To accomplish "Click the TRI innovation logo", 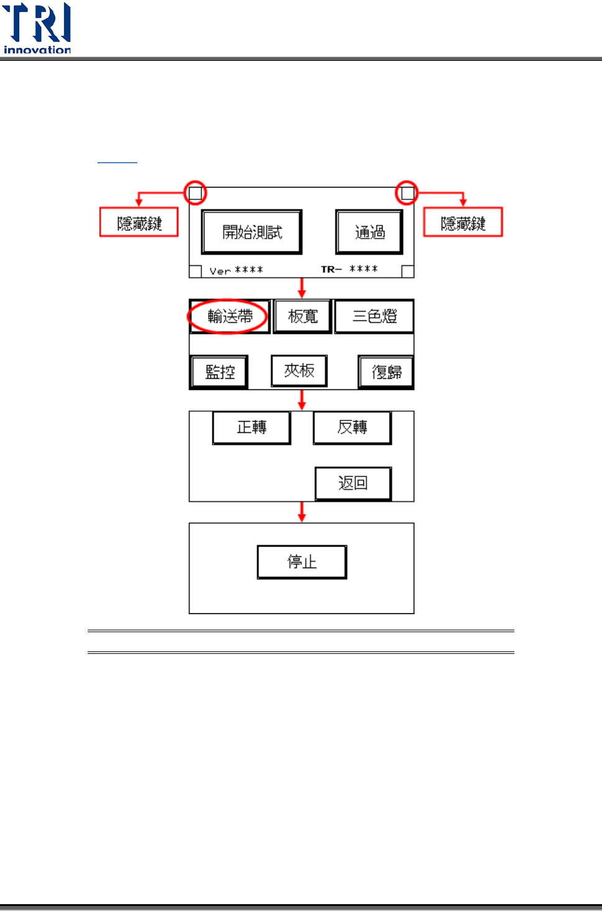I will coord(37,29).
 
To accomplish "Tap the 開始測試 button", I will coord(252,232).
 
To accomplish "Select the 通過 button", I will coord(370,232).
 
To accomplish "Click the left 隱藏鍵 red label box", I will coord(139,222).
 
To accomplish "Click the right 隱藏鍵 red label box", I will coord(463,222).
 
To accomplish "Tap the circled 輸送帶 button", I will coord(229,317).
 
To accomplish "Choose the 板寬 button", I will coord(303,317).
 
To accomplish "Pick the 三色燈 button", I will coord(374,317).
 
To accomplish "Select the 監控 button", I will coord(219,372).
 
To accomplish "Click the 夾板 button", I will coord(299,371).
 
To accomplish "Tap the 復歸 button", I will coord(386,372).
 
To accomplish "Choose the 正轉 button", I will coord(252,427).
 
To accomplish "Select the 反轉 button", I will coord(352,427).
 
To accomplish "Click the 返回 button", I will coord(353,483).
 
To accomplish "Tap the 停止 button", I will coord(302,562).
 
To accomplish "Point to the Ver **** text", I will coord(236,270).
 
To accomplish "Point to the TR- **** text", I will coord(349,269).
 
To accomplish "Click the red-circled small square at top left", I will coord(195,193).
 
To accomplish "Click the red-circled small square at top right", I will coord(408,193).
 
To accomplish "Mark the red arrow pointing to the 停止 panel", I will coord(302,512).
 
